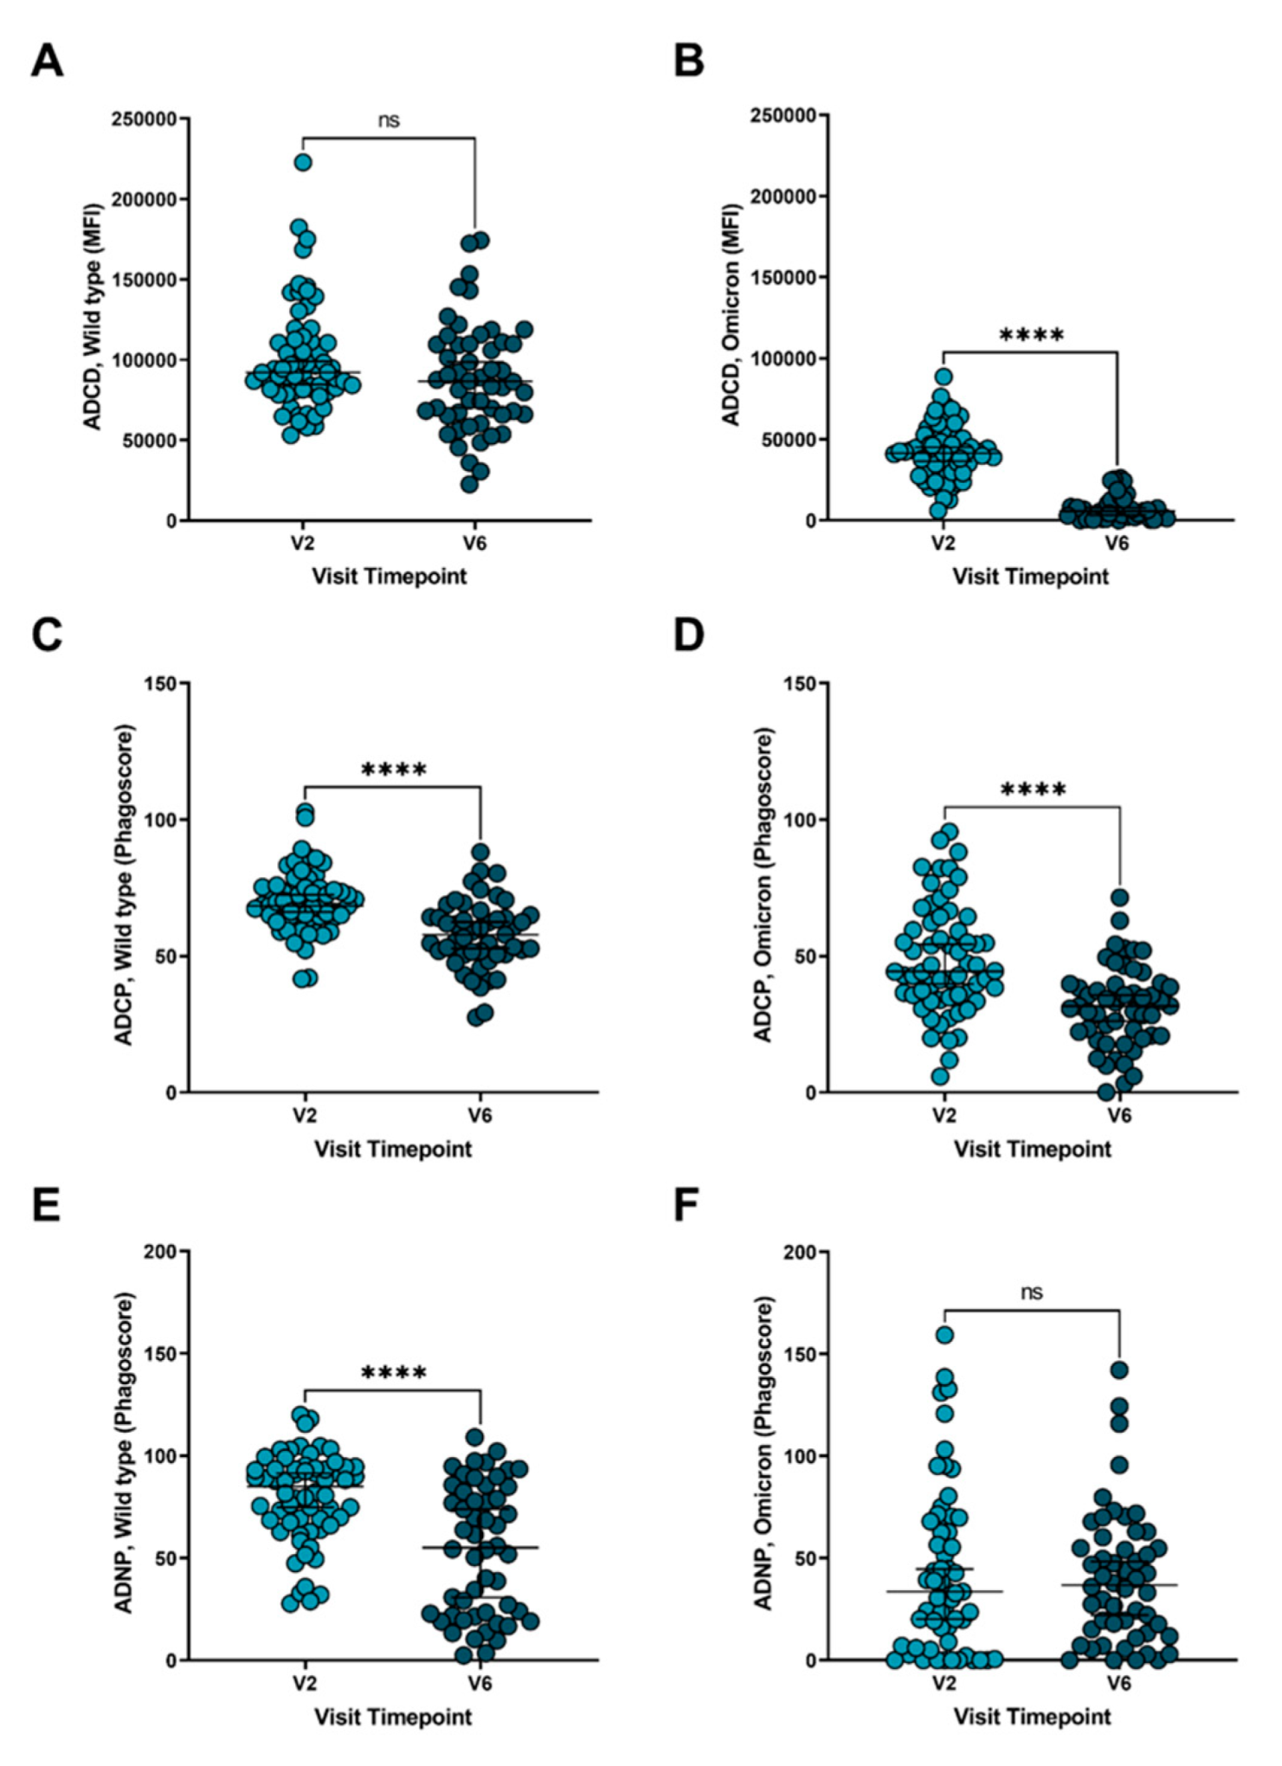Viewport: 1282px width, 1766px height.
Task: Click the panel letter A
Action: tap(47, 62)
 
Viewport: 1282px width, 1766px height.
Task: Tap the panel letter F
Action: tap(686, 1206)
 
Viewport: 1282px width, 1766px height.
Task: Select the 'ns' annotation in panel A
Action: tap(389, 120)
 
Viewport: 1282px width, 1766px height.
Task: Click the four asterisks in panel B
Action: tap(1030, 335)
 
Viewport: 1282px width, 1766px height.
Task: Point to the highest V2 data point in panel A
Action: tap(303, 162)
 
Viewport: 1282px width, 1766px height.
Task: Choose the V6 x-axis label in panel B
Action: tap(1118, 544)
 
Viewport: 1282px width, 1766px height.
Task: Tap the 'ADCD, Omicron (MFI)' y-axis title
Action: tap(731, 315)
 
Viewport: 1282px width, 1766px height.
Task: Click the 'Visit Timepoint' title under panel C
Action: tap(393, 1149)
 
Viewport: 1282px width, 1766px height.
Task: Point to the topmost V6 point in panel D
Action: tap(1120, 897)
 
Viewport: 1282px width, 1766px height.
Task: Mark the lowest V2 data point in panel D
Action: tap(940, 1076)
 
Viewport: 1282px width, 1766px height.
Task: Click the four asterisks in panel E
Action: tap(393, 1373)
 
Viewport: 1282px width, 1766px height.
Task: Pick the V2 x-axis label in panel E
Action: tap(303, 1683)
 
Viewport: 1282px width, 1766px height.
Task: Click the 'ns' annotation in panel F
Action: tap(1031, 1292)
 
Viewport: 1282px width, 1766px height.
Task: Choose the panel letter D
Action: tap(688, 635)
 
